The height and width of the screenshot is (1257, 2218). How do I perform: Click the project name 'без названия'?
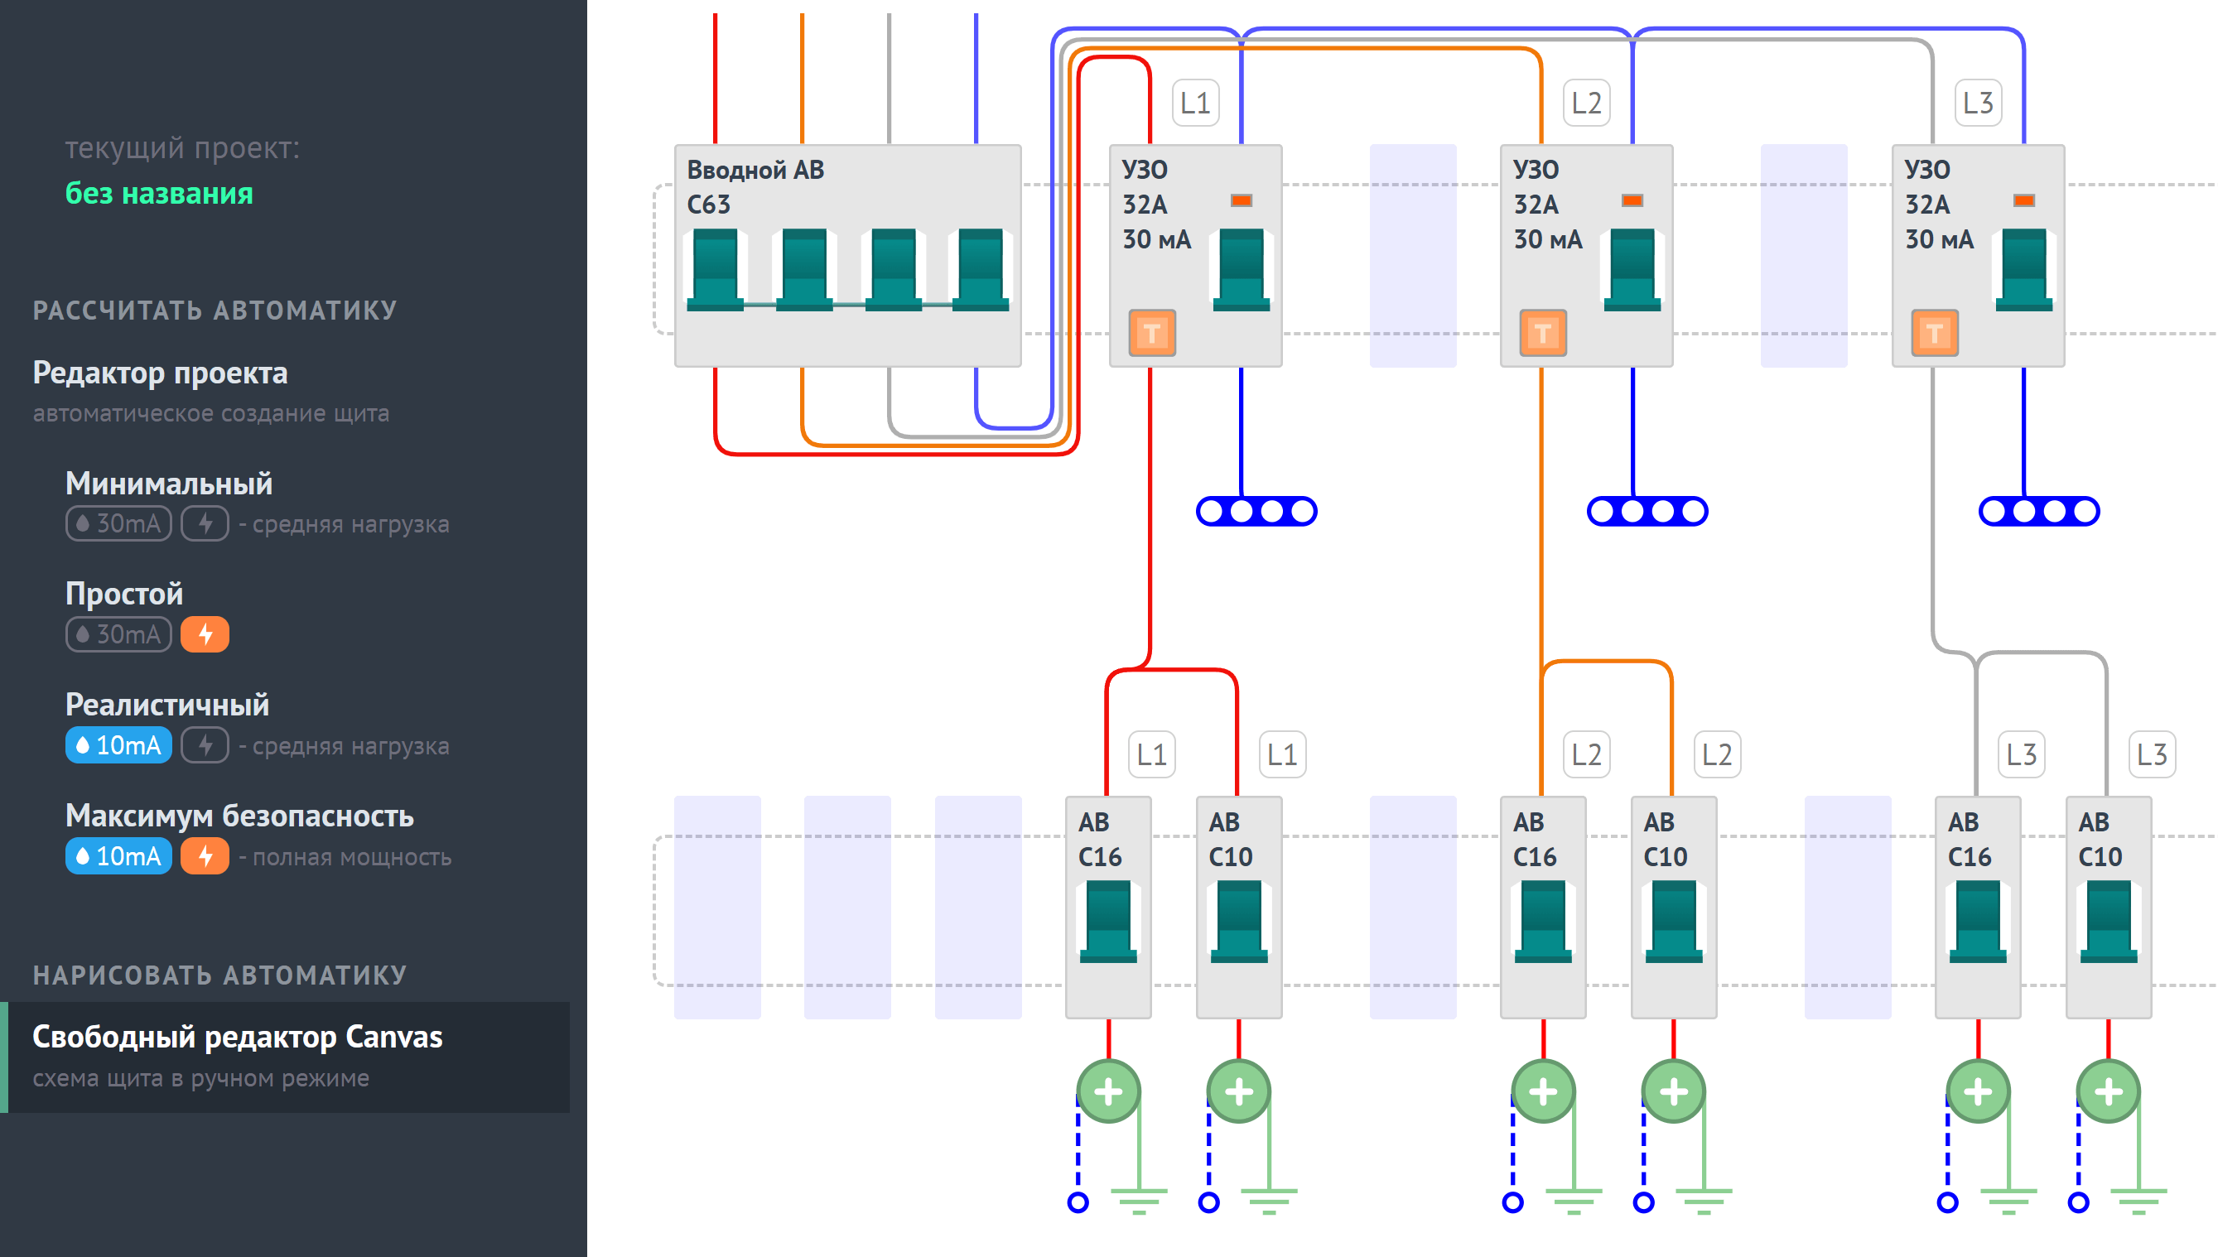point(160,194)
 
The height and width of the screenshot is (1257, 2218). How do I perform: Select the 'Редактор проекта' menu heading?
point(161,373)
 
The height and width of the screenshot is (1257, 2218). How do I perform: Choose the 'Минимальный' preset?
point(169,484)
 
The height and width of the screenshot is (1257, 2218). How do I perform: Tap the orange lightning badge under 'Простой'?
point(205,634)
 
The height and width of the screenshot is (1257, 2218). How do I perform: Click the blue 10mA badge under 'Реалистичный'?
point(118,745)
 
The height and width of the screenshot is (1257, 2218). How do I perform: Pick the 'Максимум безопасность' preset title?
point(240,816)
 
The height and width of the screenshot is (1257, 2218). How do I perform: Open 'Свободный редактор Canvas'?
point(238,1037)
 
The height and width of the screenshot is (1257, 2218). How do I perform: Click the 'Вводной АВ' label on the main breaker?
point(755,170)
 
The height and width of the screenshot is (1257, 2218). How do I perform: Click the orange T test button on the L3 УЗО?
point(1934,332)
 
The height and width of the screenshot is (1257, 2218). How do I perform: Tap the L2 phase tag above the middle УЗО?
point(1587,103)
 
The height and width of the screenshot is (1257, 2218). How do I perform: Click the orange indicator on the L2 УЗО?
point(1632,200)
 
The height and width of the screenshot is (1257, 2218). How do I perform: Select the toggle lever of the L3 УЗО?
point(2023,269)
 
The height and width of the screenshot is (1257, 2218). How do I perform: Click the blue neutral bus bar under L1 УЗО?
point(1256,511)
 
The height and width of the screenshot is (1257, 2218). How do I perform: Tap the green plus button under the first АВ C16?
point(1108,1091)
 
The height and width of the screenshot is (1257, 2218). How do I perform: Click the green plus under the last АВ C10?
point(2109,1091)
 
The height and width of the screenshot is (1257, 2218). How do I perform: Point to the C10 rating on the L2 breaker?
point(1665,856)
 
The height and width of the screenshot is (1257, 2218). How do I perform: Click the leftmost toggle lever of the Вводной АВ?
point(716,269)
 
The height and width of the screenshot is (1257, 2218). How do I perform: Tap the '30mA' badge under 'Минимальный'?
point(118,523)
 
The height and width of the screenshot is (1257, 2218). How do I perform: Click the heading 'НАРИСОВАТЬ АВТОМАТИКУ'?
point(220,975)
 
